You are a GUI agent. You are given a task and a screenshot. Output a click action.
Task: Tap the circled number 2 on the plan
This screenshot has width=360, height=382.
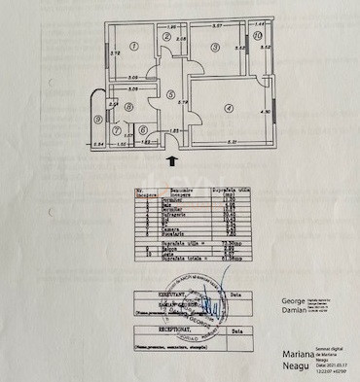[166, 37]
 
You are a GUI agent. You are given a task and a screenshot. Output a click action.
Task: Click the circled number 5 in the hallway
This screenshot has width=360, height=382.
[170, 96]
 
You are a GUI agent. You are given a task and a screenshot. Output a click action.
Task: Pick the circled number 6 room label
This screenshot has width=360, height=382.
[142, 129]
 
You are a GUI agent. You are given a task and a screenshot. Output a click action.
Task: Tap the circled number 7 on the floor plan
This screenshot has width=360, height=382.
[118, 129]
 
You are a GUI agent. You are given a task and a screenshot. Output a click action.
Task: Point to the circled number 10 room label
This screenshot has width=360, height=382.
[257, 36]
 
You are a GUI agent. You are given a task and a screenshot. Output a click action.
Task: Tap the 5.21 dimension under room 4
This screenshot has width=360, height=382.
[234, 144]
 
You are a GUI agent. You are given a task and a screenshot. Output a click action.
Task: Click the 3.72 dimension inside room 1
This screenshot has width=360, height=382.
[114, 52]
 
